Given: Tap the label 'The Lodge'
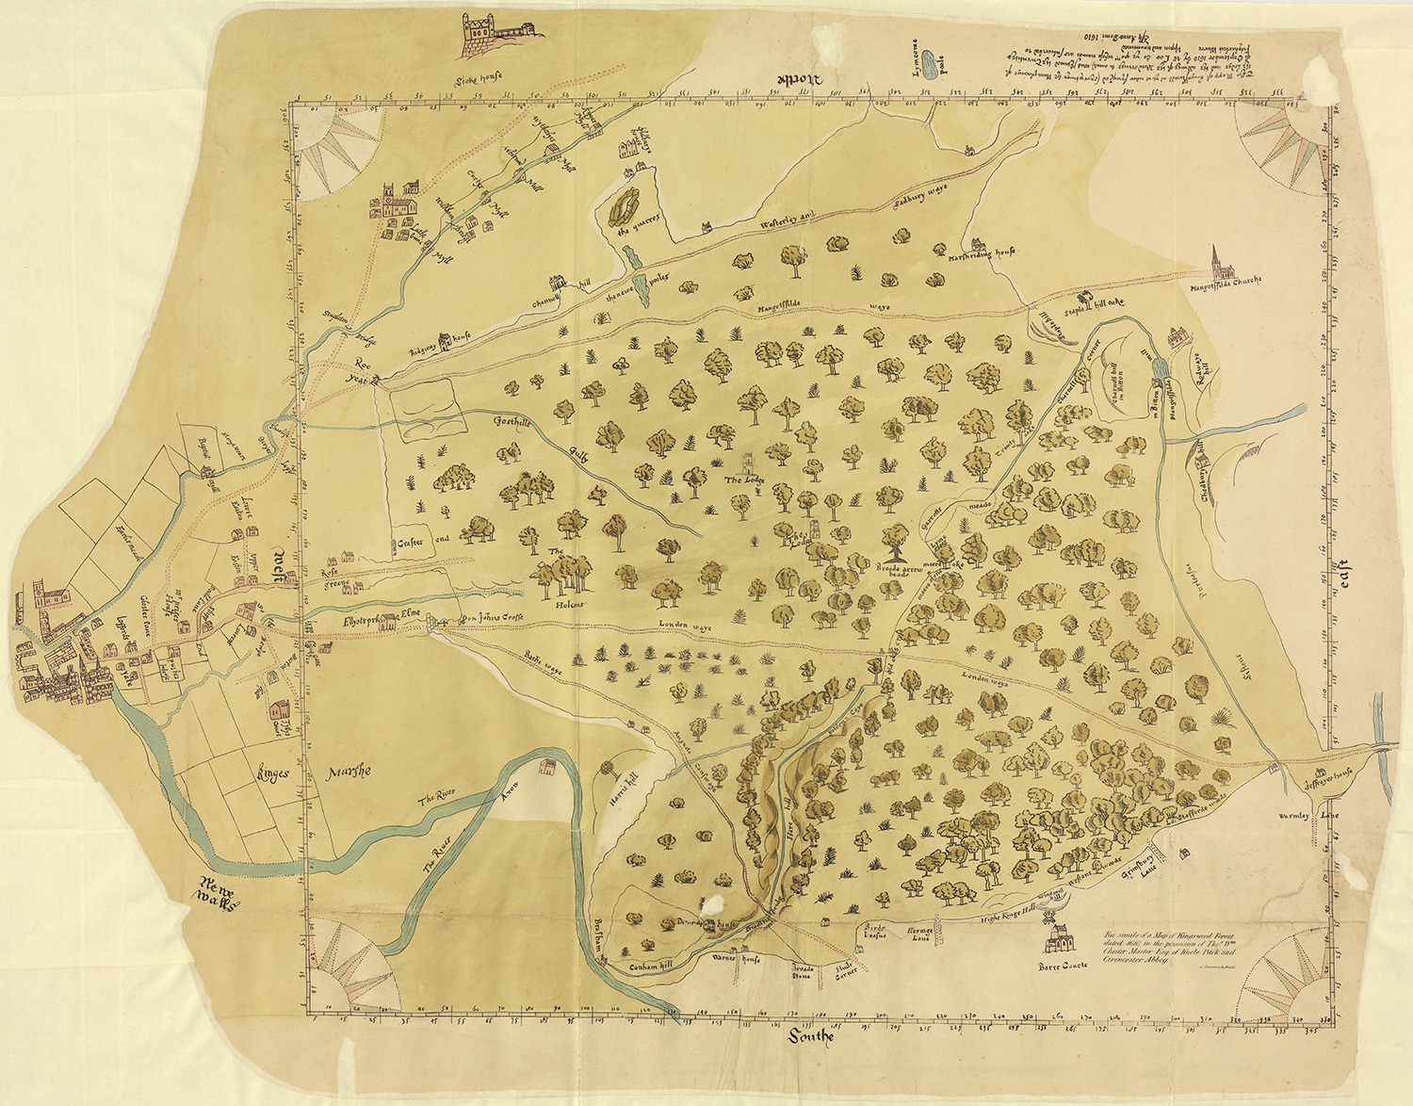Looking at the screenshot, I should (746, 480).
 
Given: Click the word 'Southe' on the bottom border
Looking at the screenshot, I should (811, 1037).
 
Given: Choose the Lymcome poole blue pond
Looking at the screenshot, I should (928, 65).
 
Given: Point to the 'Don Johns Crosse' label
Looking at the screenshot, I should (490, 619).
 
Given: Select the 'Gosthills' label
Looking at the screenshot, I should (512, 423).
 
